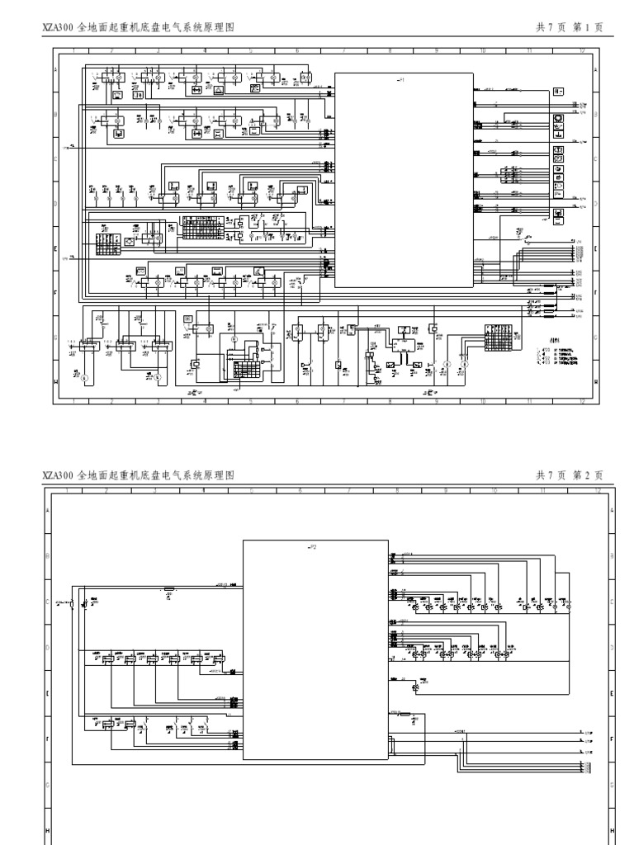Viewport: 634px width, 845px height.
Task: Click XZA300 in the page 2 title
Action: (57, 475)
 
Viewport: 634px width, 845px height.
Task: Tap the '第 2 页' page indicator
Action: (588, 475)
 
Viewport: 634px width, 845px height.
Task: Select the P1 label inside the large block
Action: (402, 79)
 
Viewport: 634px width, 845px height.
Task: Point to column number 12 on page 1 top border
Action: (582, 50)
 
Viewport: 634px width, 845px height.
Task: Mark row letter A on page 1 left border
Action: (57, 72)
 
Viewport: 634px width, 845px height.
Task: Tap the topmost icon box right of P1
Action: (558, 91)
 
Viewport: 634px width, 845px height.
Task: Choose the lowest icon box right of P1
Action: (558, 215)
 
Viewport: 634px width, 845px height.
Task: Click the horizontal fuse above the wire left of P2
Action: (168, 589)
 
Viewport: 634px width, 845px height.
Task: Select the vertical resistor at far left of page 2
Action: (73, 605)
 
